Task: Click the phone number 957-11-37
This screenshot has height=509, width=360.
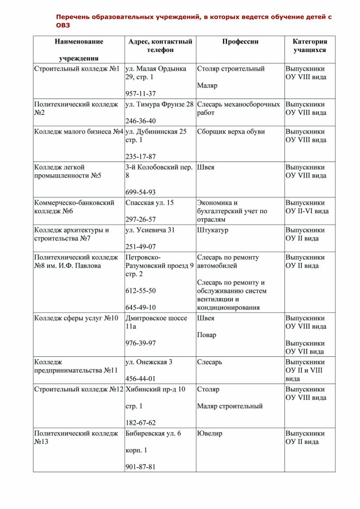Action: (140, 93)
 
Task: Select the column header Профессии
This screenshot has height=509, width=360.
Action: (240, 42)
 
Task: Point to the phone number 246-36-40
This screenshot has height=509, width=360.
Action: (140, 121)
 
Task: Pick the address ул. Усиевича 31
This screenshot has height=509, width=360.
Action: (150, 230)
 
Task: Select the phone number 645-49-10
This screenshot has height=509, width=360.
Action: (140, 307)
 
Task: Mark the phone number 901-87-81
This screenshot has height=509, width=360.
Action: (140, 467)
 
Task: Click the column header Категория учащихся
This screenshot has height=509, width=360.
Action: (310, 46)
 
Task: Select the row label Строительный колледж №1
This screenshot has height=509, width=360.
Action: (77, 69)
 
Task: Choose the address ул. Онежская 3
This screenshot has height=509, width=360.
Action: (149, 362)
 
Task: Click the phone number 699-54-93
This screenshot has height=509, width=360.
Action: (140, 192)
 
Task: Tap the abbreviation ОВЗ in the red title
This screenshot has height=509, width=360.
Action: (63, 25)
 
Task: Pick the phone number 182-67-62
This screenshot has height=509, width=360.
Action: (140, 422)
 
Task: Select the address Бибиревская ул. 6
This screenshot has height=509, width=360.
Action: (153, 434)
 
